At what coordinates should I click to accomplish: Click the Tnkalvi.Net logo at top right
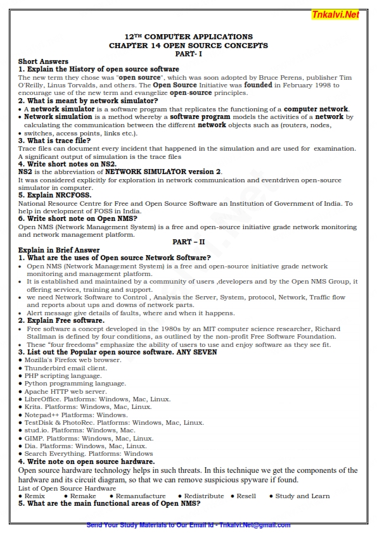click(335, 15)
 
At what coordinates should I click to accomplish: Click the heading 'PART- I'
click(188, 54)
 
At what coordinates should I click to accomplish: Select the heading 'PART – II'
click(188, 242)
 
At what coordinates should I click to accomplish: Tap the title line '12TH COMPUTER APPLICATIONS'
click(188, 37)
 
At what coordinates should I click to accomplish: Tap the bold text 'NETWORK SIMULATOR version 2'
click(163, 172)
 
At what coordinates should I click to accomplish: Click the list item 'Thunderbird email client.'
click(66, 368)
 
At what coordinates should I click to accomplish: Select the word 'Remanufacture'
click(141, 496)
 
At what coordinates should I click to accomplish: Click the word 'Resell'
click(246, 496)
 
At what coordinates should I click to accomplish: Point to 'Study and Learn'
click(302, 496)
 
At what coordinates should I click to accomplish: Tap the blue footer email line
click(188, 525)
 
